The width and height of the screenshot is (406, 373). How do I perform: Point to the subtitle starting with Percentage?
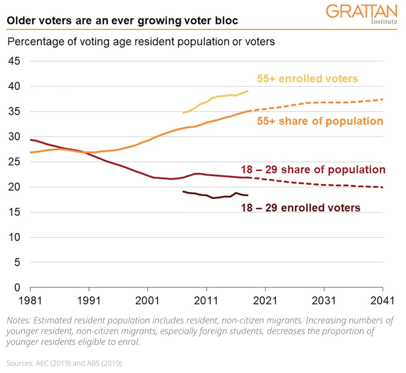pyautogui.click(x=141, y=41)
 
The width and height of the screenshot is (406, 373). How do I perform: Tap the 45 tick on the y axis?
pyautogui.click(x=14, y=61)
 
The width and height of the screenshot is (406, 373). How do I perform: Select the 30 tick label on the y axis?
pyautogui.click(x=14, y=137)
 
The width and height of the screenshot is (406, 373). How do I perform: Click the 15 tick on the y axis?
pyautogui.click(x=14, y=212)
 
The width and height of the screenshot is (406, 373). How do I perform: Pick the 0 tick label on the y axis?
pyautogui.click(x=17, y=288)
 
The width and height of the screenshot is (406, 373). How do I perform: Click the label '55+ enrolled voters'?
pyautogui.click(x=307, y=79)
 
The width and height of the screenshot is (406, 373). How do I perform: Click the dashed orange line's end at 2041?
pyautogui.click(x=382, y=99)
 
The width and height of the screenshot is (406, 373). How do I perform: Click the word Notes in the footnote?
pyautogui.click(x=19, y=320)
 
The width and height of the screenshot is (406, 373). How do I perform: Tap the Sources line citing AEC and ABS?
pyautogui.click(x=64, y=363)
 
